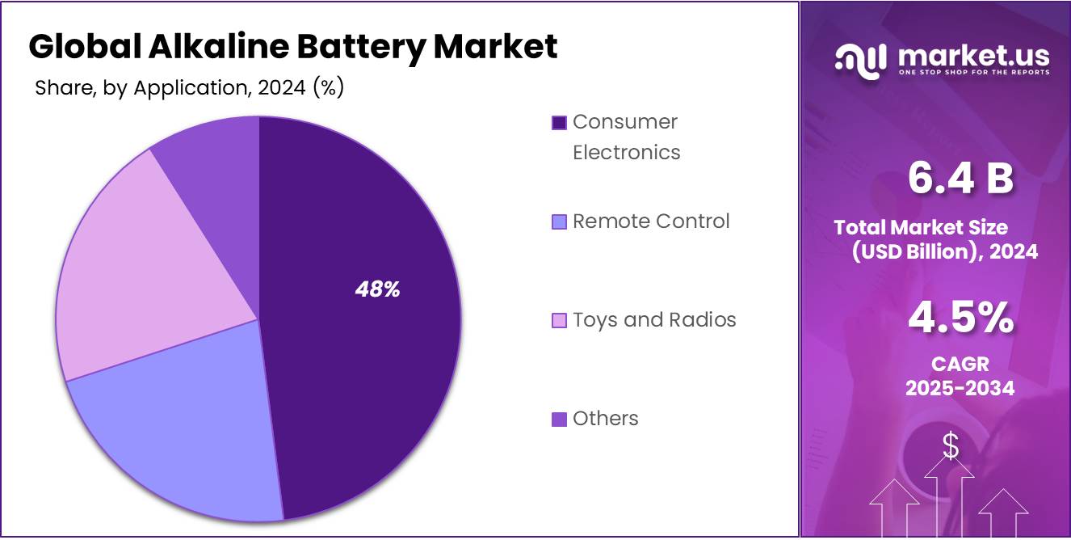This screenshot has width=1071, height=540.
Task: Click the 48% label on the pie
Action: (x=377, y=289)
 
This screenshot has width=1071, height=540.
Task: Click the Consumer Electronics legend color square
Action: (x=559, y=123)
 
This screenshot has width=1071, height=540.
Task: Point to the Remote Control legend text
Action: (x=651, y=221)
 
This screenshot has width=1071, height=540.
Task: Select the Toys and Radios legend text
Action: (x=654, y=320)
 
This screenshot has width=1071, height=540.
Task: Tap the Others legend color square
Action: (x=559, y=419)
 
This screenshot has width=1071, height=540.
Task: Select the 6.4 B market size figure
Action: (x=960, y=178)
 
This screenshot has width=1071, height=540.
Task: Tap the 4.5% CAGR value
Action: (x=960, y=317)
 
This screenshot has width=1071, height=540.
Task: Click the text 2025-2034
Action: (x=960, y=388)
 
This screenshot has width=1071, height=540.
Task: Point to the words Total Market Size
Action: (x=921, y=227)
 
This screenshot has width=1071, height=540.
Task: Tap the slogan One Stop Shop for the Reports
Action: (x=973, y=72)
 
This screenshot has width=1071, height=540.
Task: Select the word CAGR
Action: (x=960, y=364)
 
